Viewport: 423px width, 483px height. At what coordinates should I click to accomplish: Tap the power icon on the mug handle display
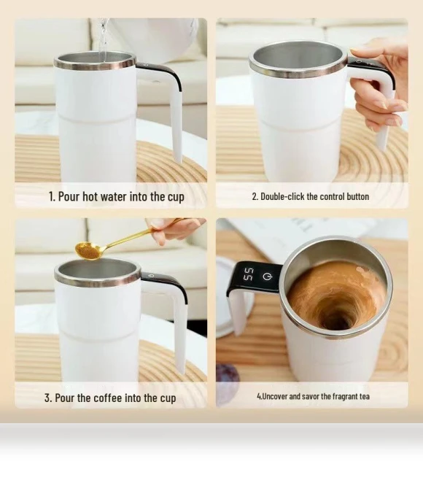pos(267,277)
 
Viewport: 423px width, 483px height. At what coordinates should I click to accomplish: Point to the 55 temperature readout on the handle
pos(249,274)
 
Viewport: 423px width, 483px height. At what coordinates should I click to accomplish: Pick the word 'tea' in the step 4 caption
pos(364,396)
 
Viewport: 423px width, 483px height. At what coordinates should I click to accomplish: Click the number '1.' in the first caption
pos(52,196)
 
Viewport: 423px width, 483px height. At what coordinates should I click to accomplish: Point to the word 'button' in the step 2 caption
pos(358,196)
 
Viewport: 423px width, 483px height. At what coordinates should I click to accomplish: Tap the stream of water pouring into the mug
pos(104,40)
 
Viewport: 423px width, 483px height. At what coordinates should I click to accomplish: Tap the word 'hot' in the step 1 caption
pos(90,196)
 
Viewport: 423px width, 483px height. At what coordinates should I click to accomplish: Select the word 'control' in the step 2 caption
pos(332,196)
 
